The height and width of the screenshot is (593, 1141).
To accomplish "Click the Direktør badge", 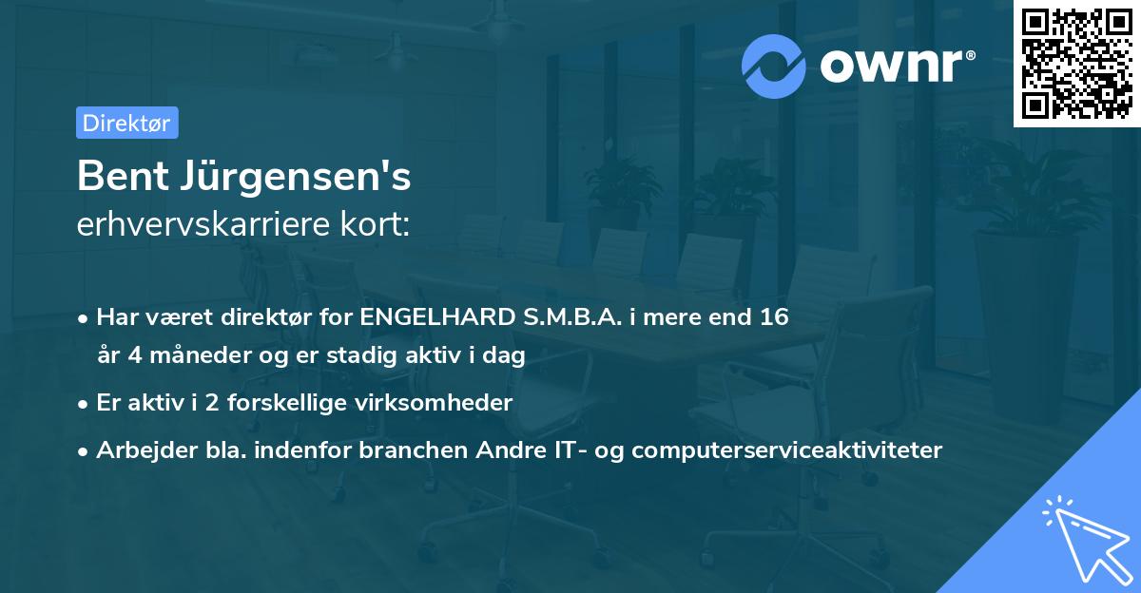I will click(126, 123).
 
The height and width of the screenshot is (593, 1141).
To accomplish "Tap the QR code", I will click(1076, 64).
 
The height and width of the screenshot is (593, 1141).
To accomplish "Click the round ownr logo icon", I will click(774, 67).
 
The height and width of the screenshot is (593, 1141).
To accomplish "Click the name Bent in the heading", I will click(117, 176).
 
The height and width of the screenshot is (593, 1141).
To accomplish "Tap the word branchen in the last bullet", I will click(413, 450).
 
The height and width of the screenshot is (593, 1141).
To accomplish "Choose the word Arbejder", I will click(140, 450).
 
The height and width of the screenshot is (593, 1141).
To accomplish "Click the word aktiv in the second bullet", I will click(151, 402).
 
